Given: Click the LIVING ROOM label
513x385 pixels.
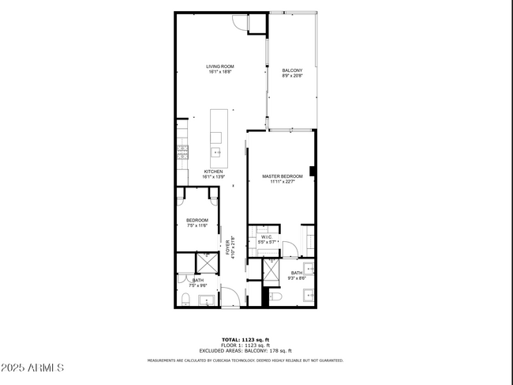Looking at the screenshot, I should point(220,66).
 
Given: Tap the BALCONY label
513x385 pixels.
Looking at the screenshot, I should point(292,70).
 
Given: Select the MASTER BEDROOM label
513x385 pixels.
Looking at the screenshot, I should point(282,176).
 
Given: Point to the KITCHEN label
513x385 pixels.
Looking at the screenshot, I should point(214,172).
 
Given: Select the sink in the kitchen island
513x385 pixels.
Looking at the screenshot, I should point(215,151).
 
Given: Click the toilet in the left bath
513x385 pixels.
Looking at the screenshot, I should point(185,299).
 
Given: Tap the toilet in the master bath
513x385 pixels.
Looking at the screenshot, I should point(275,296).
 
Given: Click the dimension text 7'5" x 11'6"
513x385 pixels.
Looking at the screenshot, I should point(197,226).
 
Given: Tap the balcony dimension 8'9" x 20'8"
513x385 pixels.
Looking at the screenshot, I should point(292,77).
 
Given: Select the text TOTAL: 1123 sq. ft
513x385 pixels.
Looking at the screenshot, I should point(245,339).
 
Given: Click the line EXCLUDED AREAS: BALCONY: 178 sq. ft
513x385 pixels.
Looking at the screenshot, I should point(245,350).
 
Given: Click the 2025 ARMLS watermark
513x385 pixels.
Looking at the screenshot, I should point(33,368).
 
